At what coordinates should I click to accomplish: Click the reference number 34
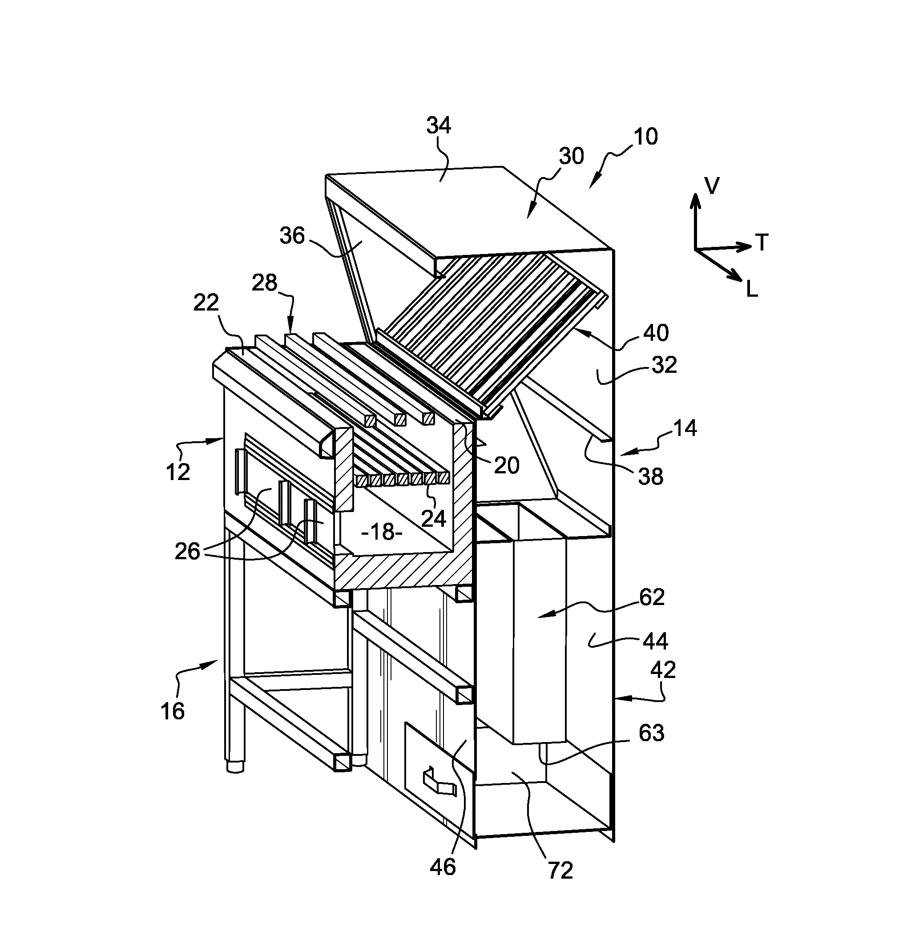[439, 126]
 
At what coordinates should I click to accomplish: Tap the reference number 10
[646, 137]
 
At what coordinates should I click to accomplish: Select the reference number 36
[292, 236]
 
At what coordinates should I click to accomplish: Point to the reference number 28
[265, 283]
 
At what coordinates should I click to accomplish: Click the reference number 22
[206, 303]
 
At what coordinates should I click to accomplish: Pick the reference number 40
[656, 333]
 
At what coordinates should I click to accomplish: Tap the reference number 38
[651, 476]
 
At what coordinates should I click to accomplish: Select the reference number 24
[434, 518]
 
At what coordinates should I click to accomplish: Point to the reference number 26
[187, 551]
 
